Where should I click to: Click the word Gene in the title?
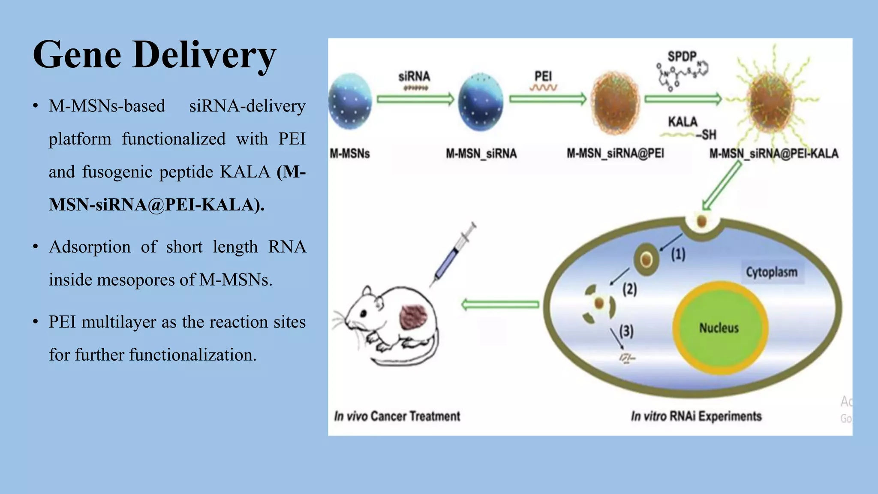point(77,55)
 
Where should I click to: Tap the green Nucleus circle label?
point(719,328)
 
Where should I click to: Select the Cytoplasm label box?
point(772,272)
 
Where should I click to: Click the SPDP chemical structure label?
point(682,57)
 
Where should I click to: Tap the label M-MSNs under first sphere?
point(350,154)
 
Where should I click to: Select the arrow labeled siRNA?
point(415,99)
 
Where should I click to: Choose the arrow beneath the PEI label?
point(547,99)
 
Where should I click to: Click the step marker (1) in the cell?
point(678,254)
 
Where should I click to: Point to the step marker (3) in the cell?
point(626,331)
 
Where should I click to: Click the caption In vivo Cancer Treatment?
point(397,416)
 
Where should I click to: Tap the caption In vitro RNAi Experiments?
point(696,416)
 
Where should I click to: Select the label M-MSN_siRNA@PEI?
point(615,154)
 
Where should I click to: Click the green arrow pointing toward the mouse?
point(500,304)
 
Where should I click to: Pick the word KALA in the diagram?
point(683,122)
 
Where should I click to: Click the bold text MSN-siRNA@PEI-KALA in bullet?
point(156,205)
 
